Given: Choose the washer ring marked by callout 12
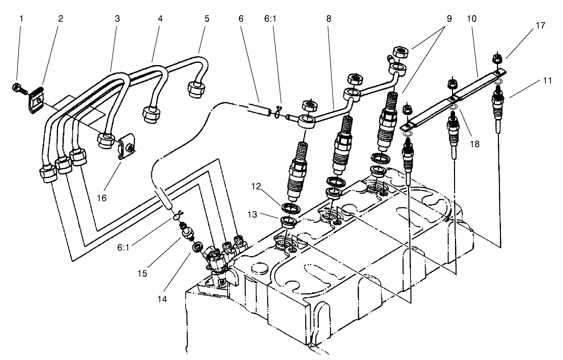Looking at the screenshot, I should pyautogui.click(x=290, y=208).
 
